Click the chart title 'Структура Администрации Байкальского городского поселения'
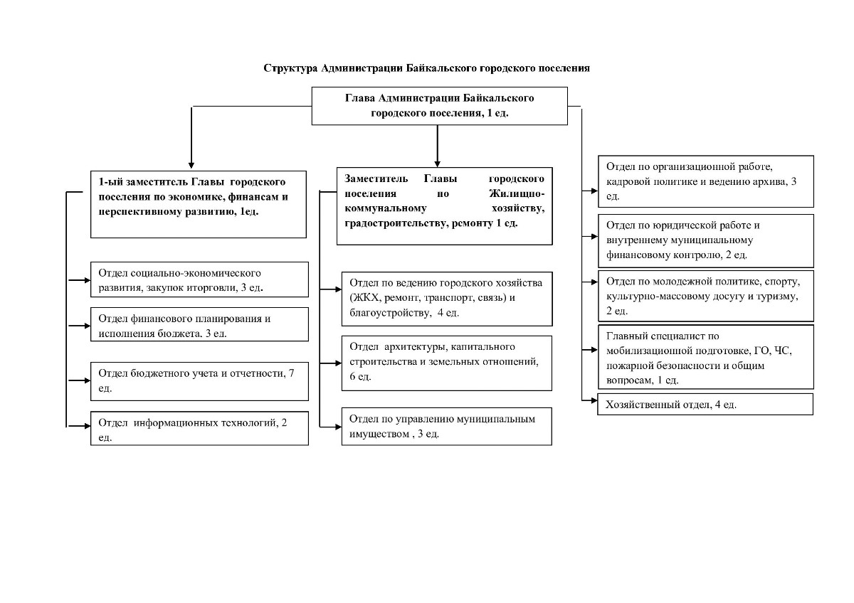click(x=426, y=68)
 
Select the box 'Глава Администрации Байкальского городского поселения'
click(x=440, y=106)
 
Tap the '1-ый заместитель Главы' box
click(x=199, y=205)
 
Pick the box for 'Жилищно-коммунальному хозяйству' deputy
click(x=445, y=206)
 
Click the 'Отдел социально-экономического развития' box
click(x=199, y=279)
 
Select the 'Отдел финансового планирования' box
click(x=199, y=324)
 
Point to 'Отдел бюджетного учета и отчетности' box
click(x=199, y=381)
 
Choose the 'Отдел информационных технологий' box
click(x=199, y=428)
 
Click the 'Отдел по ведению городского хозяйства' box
click(x=447, y=299)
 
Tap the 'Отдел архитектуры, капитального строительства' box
click(x=447, y=363)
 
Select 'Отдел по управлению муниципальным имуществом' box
click(x=447, y=427)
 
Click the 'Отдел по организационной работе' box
click(x=706, y=181)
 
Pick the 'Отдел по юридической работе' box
click(x=706, y=241)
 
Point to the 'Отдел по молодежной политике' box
click(x=706, y=296)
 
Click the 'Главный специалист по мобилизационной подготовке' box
click(x=706, y=357)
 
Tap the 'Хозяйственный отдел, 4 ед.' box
click(x=705, y=404)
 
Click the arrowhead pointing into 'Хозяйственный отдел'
click(x=594, y=400)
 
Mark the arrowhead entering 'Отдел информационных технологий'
click(x=88, y=426)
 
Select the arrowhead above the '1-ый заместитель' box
click(x=191, y=165)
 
